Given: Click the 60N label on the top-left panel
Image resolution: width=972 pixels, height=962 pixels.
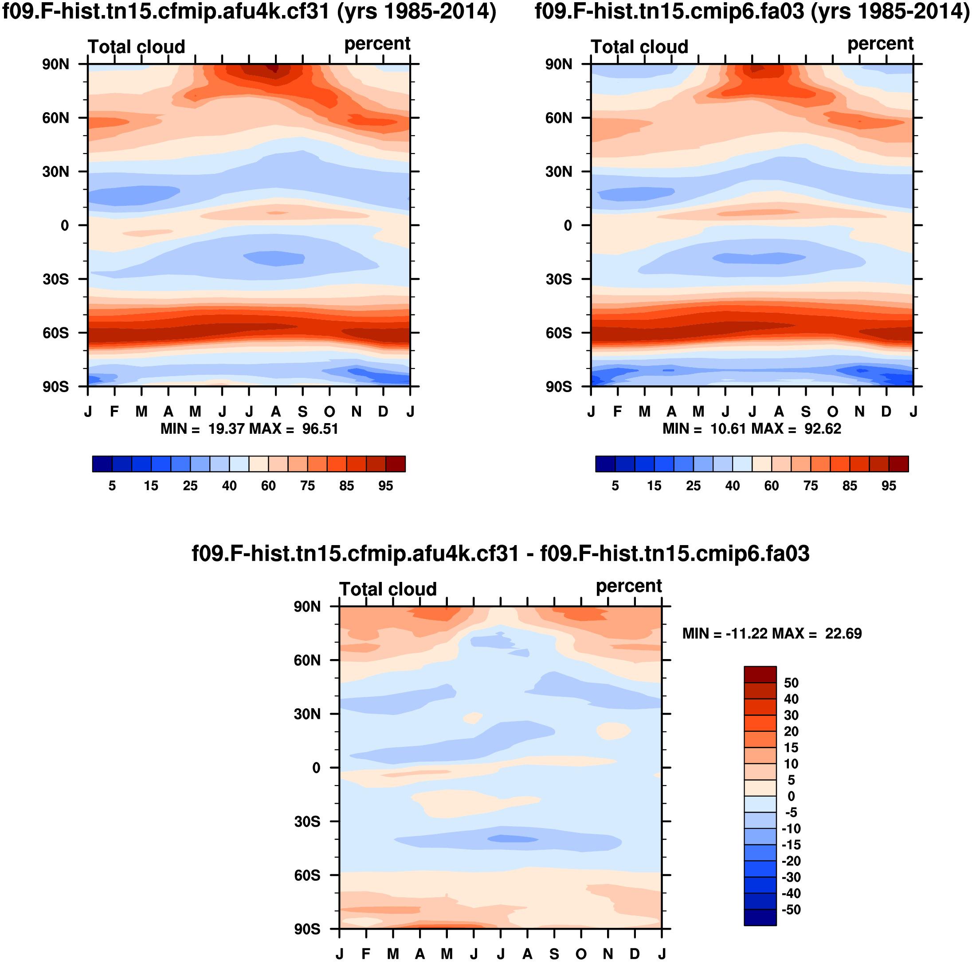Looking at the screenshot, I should tap(55, 118).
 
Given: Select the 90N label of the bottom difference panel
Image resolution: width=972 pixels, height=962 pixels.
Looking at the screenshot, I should tap(307, 607).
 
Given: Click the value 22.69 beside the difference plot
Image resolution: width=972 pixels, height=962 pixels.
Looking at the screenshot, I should tap(843, 633).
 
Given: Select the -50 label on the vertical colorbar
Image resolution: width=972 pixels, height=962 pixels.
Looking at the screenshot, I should tap(791, 910).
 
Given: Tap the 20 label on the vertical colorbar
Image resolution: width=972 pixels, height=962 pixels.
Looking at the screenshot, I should tap(791, 731).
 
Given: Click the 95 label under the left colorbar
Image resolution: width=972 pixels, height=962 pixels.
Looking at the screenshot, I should tap(385, 486).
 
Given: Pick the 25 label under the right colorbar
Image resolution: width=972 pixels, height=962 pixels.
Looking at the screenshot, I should tap(693, 486).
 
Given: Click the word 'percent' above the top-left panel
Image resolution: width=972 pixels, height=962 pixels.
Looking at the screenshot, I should tap(377, 44).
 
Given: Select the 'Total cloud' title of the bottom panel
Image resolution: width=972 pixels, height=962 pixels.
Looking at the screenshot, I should tap(388, 589).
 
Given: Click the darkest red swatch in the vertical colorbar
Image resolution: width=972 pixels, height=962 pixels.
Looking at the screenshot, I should tap(760, 675).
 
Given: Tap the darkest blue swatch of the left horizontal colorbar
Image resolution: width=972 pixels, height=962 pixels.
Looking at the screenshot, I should tap(102, 464).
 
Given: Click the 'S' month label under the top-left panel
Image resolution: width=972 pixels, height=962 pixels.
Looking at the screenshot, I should tap(302, 412).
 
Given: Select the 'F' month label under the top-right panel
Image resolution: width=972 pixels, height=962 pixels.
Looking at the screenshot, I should tap(618, 412).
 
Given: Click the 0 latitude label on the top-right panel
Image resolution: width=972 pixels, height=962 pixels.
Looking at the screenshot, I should tap(568, 225).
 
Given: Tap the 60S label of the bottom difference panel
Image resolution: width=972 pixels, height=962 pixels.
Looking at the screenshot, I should tap(307, 876).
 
